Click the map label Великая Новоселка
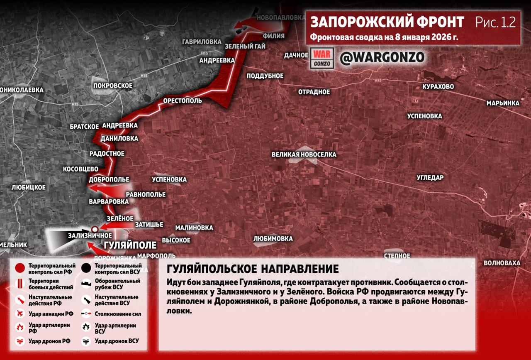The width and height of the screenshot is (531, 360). (304, 154)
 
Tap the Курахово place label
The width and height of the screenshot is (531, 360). (438, 87)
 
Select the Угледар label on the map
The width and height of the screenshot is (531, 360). (430, 178)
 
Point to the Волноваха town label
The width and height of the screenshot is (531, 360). (502, 263)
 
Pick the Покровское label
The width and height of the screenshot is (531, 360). (113, 86)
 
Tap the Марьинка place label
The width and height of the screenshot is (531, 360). (503, 103)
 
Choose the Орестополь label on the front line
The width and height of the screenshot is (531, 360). (182, 100)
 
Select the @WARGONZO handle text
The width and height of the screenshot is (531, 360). (382, 58)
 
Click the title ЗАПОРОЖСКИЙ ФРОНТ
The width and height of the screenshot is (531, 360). (387, 22)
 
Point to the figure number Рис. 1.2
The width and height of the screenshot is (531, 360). (495, 22)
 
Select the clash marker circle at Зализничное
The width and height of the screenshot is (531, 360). (95, 228)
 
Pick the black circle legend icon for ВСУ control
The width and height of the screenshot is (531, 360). (86, 268)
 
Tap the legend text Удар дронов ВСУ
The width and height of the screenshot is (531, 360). (117, 341)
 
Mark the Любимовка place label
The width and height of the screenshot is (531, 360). (273, 239)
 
